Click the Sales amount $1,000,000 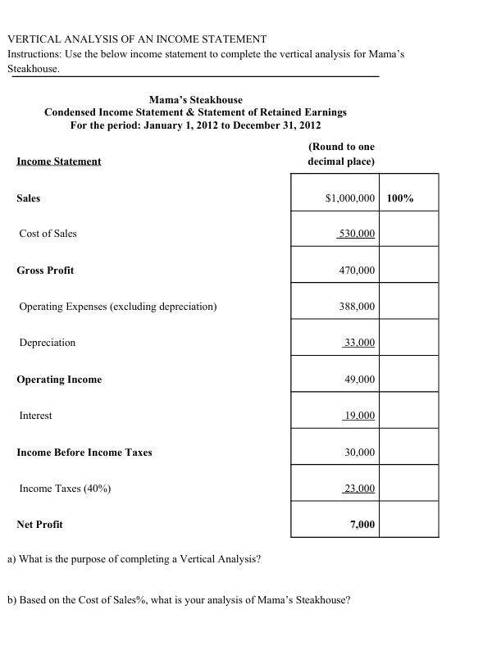(x=350, y=198)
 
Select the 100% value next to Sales (x=400, y=198)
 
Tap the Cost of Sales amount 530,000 (x=357, y=234)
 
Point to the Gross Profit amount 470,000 (x=357, y=271)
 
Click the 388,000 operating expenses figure (x=357, y=307)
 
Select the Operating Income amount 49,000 (x=359, y=380)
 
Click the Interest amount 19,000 (x=358, y=416)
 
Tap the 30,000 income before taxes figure (x=359, y=453)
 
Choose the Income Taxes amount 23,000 (x=358, y=489)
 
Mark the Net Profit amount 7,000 (x=362, y=525)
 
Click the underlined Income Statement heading (x=58, y=161)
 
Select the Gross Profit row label (x=45, y=271)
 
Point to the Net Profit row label (x=39, y=525)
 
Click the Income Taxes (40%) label (x=66, y=489)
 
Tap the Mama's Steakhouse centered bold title (x=195, y=99)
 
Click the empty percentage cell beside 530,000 (x=409, y=234)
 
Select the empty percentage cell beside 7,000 (x=409, y=525)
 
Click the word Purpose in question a (x=101, y=559)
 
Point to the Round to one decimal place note (x=341, y=154)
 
